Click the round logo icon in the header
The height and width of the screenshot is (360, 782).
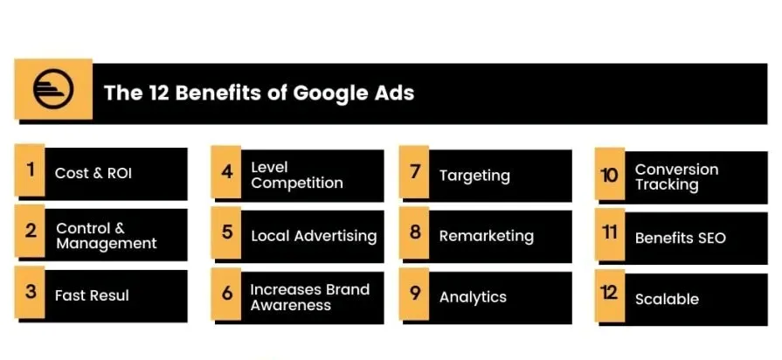tap(53, 89)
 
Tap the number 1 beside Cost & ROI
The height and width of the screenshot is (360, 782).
tap(31, 170)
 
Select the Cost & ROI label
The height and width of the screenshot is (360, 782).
tap(93, 173)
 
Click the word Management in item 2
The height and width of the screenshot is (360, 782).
tap(107, 243)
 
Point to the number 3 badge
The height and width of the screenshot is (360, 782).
tap(31, 292)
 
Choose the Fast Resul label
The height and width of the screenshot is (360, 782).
tap(92, 295)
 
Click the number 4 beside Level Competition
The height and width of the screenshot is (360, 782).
tap(227, 172)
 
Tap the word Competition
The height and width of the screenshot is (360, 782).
tap(297, 183)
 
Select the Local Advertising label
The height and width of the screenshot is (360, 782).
tap(314, 236)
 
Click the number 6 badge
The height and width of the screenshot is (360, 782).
tap(227, 294)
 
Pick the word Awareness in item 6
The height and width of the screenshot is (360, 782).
tap(290, 305)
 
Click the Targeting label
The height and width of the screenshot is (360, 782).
tap(474, 176)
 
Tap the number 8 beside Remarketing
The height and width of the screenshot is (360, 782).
tap(415, 232)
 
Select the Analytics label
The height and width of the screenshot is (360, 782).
tap(473, 297)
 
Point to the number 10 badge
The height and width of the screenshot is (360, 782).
tap(610, 176)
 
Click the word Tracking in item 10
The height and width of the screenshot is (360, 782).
tap(667, 185)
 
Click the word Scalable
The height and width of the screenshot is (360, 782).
tap(667, 299)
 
